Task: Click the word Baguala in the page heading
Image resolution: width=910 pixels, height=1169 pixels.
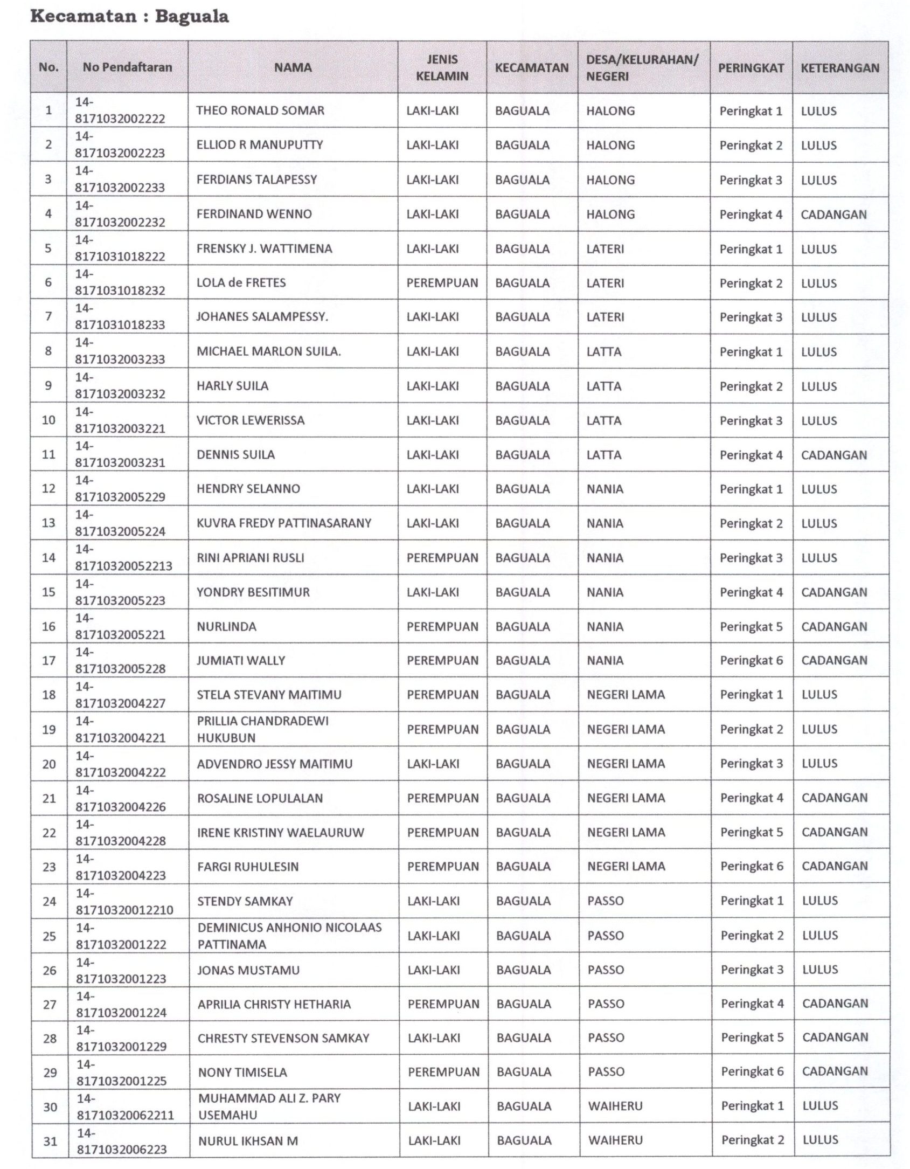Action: pyautogui.click(x=192, y=16)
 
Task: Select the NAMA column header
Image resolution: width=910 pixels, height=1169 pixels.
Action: pyautogui.click(x=293, y=67)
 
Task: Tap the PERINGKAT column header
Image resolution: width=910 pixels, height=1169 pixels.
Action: pyautogui.click(x=751, y=68)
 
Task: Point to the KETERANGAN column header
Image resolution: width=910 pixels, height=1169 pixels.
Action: pyautogui.click(x=839, y=68)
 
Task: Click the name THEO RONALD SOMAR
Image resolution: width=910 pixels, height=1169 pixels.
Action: pyautogui.click(x=260, y=110)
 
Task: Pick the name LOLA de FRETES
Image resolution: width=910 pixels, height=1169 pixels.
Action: pyautogui.click(x=241, y=282)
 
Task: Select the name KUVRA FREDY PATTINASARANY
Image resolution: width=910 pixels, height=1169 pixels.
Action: pyautogui.click(x=284, y=523)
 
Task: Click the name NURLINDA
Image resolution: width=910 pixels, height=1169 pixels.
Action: pyautogui.click(x=226, y=626)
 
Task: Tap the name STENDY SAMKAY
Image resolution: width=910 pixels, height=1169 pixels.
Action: pyautogui.click(x=245, y=901)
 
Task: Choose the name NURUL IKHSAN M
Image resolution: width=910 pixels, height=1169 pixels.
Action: pyautogui.click(x=248, y=1140)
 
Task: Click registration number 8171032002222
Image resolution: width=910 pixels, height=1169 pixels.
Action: pyautogui.click(x=120, y=119)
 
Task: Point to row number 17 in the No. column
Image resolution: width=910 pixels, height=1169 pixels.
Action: pyautogui.click(x=48, y=660)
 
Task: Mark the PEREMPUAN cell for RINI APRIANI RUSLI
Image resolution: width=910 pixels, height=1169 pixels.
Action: pyautogui.click(x=442, y=558)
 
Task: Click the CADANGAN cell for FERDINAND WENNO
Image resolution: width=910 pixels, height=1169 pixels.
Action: pyautogui.click(x=833, y=214)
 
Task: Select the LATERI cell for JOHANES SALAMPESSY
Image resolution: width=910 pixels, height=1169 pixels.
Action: pyautogui.click(x=605, y=317)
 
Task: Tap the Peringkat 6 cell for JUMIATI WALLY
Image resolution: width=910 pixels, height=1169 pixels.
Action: pyautogui.click(x=751, y=660)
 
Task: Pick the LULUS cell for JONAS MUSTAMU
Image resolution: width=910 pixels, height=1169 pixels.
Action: pyautogui.click(x=820, y=970)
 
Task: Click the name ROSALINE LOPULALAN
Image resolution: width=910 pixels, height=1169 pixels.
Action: pyautogui.click(x=260, y=798)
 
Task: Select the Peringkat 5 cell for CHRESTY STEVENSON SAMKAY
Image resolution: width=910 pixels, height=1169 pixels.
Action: pyautogui.click(x=752, y=1037)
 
